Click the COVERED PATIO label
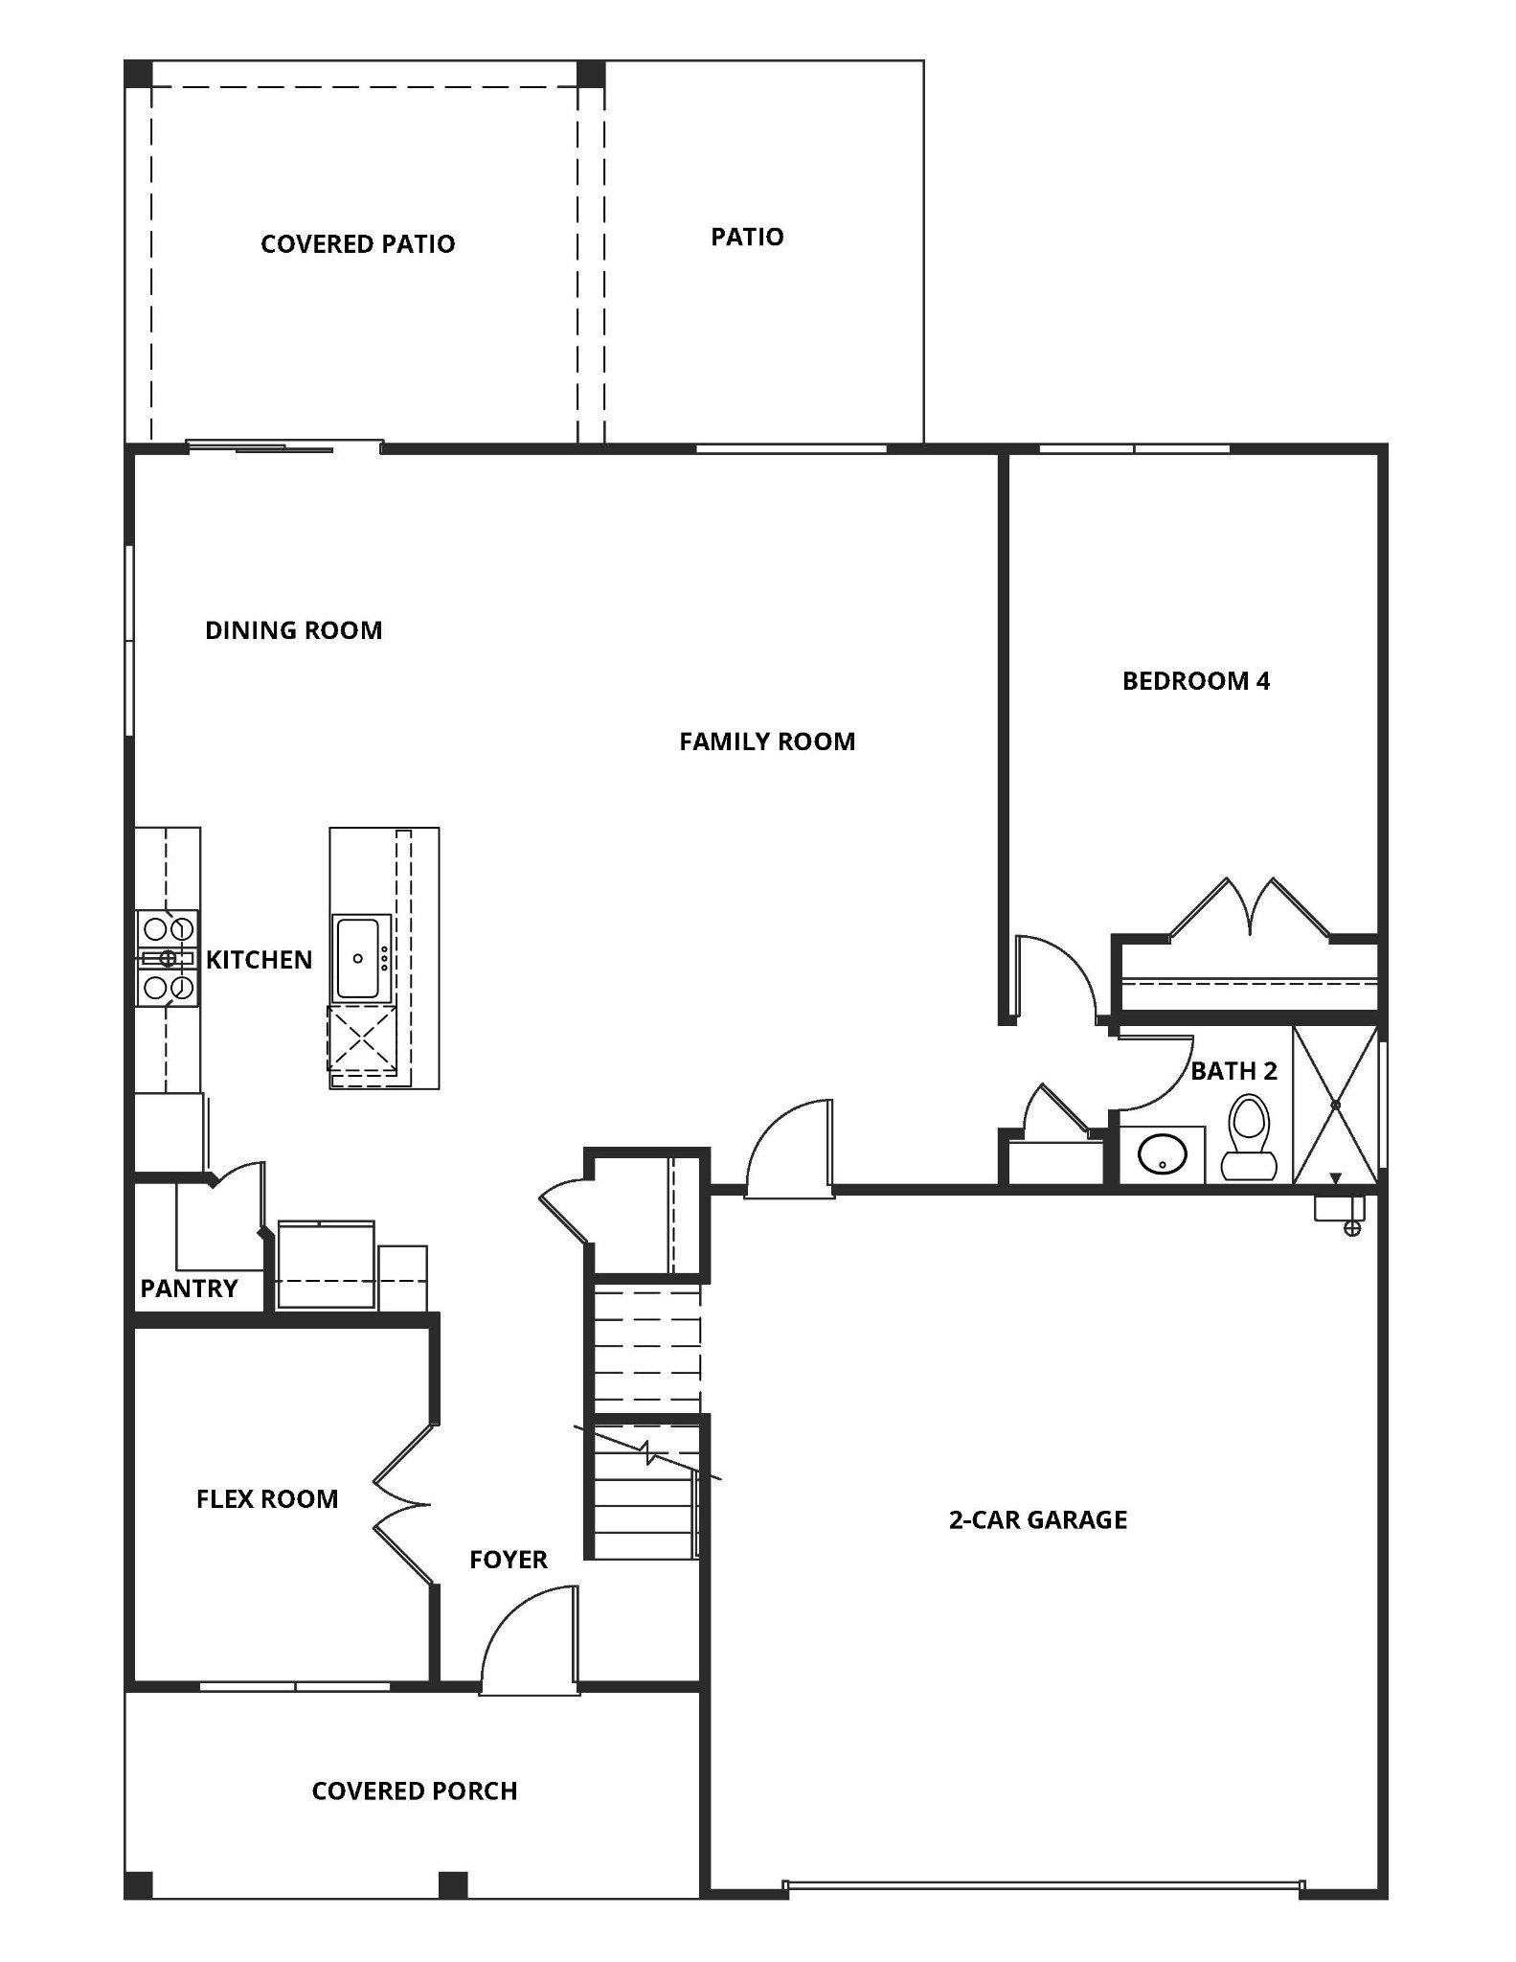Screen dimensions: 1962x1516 [x=357, y=244]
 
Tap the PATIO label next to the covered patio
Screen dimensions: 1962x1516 [x=747, y=237]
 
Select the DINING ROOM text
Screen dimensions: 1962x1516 [x=293, y=630]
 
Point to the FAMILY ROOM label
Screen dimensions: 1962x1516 [x=767, y=741]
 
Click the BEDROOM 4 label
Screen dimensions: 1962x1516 [x=1195, y=681]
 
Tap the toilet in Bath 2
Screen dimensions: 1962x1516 [x=1248, y=1138]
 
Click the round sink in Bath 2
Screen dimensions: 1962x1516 [x=1162, y=1154]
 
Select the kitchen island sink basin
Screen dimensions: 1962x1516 [x=360, y=958]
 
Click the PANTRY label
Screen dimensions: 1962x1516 [x=189, y=1289]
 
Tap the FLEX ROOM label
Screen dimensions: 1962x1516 [x=267, y=1499]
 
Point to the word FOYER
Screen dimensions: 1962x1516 [x=508, y=1560]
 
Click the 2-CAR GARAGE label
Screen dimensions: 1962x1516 [x=1037, y=1519]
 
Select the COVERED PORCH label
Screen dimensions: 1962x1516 [x=414, y=1791]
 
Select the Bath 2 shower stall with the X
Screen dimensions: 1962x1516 [x=1335, y=1105]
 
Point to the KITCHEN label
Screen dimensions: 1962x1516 [x=259, y=960]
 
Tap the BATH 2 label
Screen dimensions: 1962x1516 [x=1233, y=1071]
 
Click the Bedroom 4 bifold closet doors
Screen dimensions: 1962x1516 [x=1250, y=910]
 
